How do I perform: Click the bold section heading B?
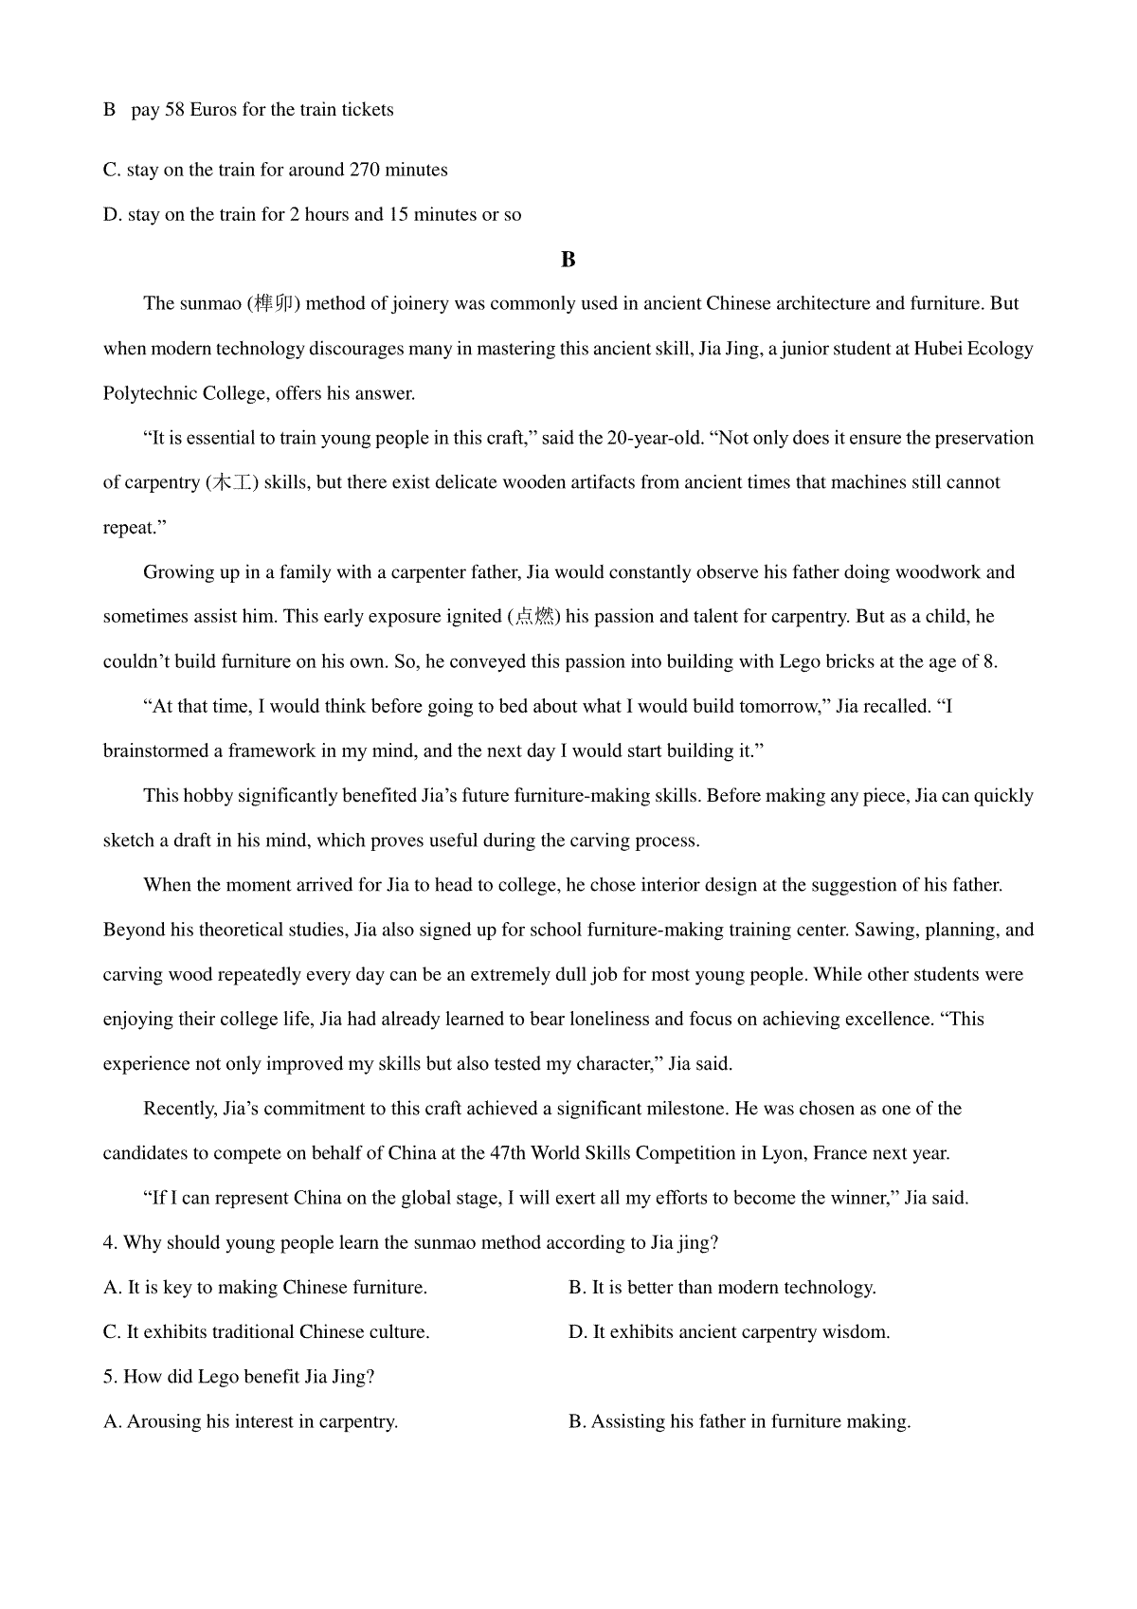pos(568,260)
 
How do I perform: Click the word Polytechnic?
pos(150,393)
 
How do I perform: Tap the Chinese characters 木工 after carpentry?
pos(230,483)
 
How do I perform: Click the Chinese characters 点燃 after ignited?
pos(534,617)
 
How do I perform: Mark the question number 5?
pos(109,1377)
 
